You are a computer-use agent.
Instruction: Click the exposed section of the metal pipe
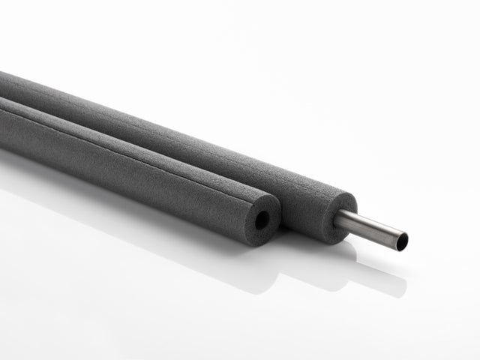[375, 229]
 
